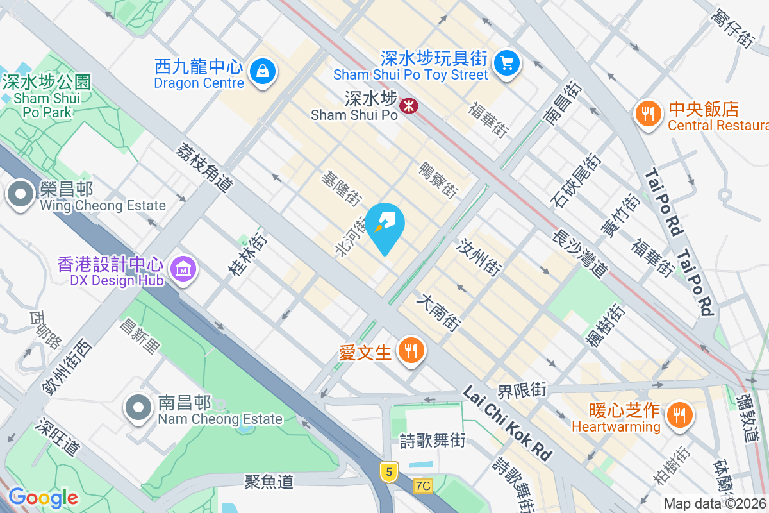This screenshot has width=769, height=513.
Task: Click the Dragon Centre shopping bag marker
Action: [x=263, y=71]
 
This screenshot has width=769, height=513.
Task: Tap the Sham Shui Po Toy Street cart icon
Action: [x=508, y=63]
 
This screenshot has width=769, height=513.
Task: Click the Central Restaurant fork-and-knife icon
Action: [x=648, y=114]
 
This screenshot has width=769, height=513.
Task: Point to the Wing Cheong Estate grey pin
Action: [x=21, y=194]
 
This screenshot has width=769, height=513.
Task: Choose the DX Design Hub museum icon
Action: [x=184, y=269]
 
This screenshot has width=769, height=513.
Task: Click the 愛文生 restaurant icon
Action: [x=408, y=350]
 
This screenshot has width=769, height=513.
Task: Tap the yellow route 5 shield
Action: [x=388, y=472]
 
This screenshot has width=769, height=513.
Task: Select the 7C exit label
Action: [x=422, y=486]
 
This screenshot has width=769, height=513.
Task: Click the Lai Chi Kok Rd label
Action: [x=506, y=423]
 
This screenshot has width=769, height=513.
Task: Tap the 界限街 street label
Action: [x=522, y=389]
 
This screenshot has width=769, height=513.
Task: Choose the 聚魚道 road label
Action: [x=269, y=481]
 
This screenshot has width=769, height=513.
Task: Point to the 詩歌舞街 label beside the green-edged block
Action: [x=432, y=441]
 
